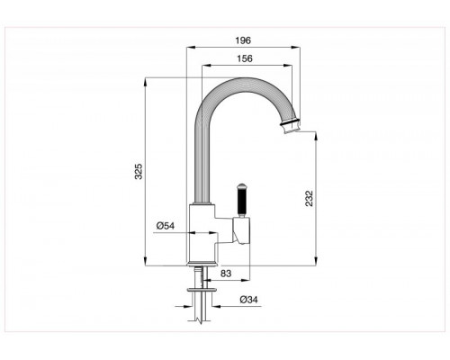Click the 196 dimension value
pos(243,40)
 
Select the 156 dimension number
pos(245,58)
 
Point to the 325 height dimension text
pos(139,172)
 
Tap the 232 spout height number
pos(310,199)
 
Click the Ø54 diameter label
pos(166,226)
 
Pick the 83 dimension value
pos(226,274)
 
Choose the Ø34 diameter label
pos(248,300)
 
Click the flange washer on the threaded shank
pos(202,290)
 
